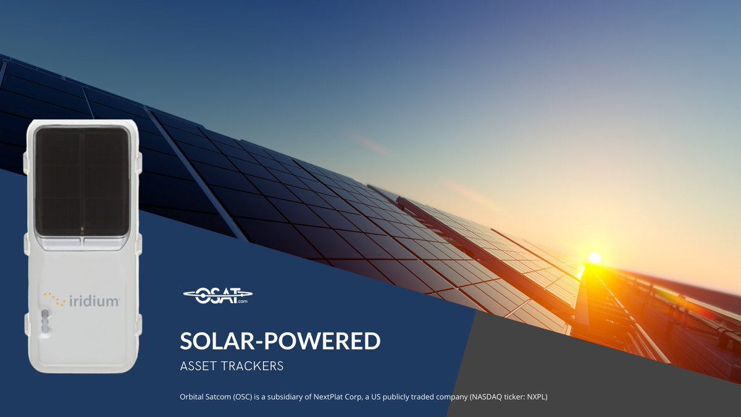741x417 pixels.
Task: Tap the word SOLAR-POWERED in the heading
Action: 280,341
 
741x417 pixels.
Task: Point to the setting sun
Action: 594,258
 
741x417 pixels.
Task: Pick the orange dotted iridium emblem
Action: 54,299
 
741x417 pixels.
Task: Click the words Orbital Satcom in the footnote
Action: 204,397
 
